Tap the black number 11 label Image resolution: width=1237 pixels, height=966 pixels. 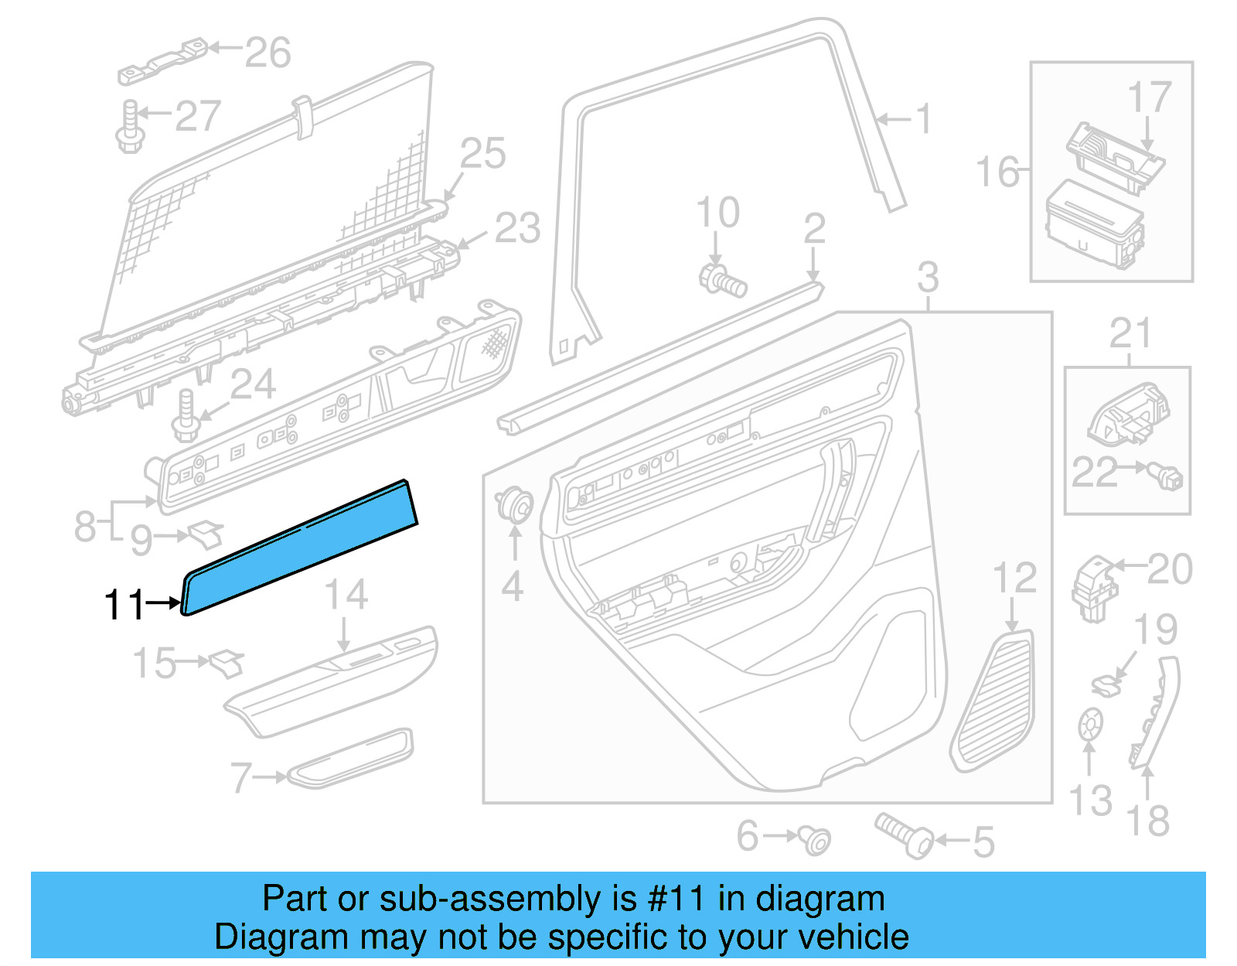point(124,605)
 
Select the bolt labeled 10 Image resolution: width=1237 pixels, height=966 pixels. point(723,280)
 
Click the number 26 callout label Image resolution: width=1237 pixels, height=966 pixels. point(268,53)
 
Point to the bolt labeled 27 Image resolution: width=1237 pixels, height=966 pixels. point(130,128)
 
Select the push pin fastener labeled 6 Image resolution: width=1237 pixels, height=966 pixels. point(816,839)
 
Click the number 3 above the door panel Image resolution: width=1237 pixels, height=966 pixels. point(928,277)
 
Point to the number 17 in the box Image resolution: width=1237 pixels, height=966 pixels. point(1149,98)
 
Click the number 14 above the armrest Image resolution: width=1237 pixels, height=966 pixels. point(346,595)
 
